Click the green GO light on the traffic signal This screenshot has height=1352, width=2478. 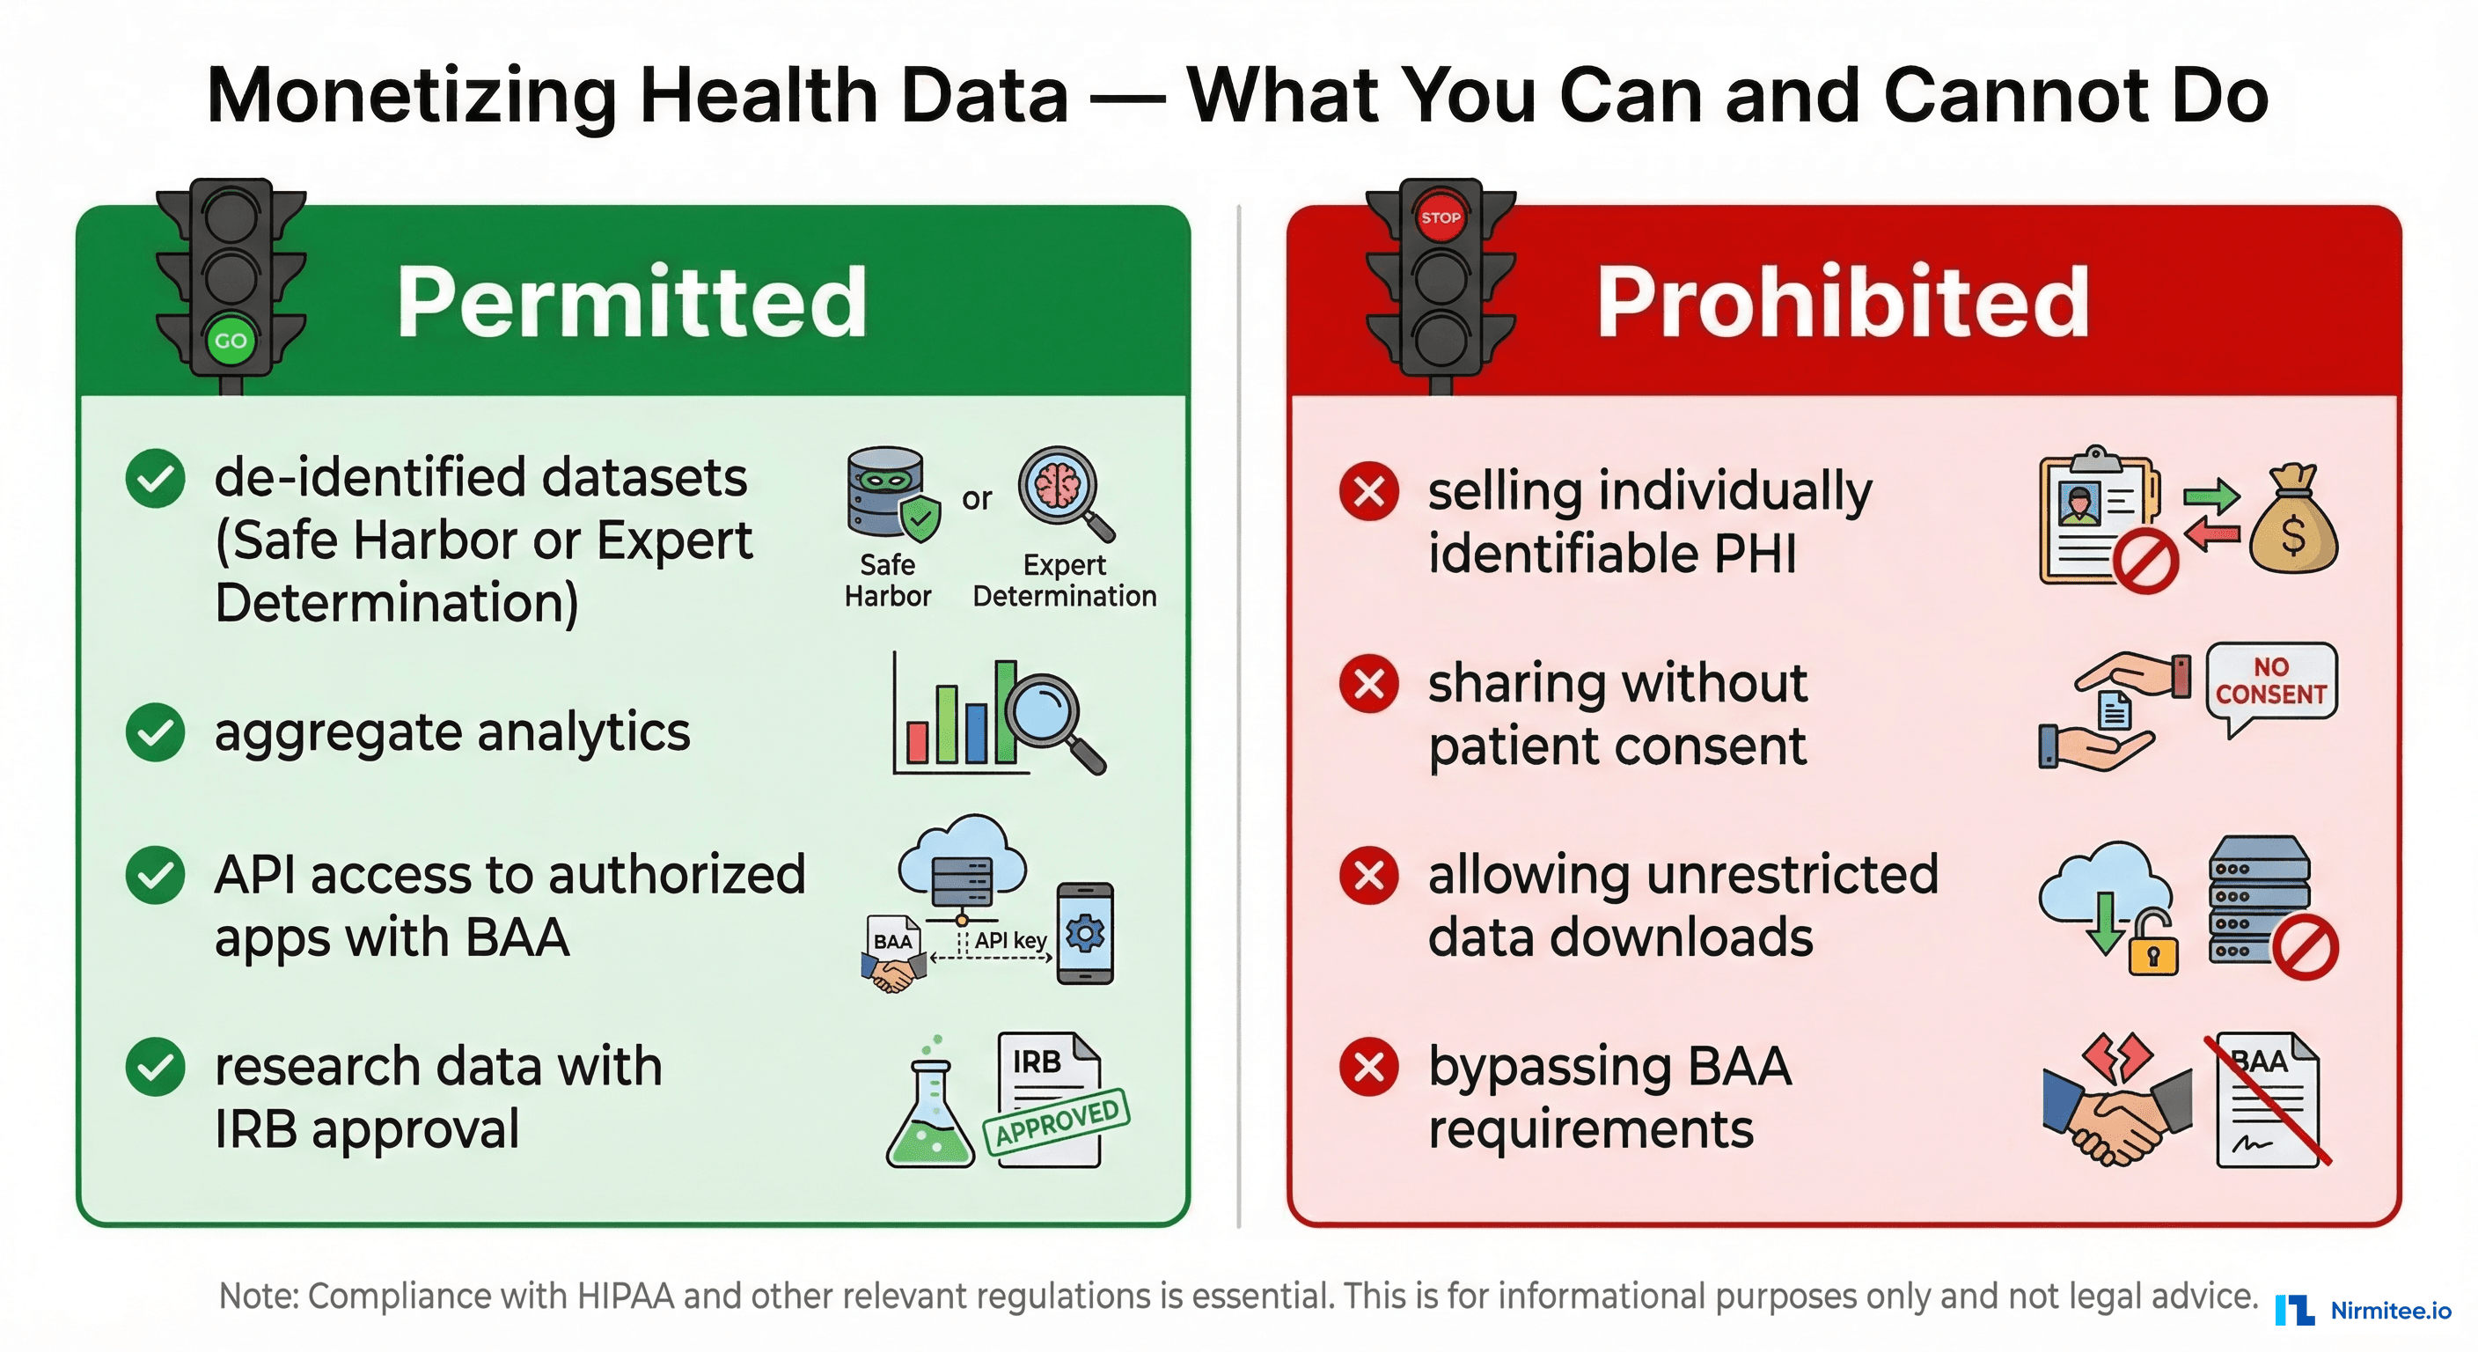(230, 341)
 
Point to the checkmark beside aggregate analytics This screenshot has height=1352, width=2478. (155, 732)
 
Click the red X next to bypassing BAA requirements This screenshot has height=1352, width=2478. (1369, 1067)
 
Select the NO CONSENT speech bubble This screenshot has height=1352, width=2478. (2270, 681)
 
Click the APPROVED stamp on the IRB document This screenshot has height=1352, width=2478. (1056, 1121)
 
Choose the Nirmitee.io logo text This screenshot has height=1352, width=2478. (2391, 1311)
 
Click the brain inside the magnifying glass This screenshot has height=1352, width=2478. (1057, 485)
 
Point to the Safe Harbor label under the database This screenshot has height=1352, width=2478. (887, 580)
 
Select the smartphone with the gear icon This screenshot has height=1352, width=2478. (1085, 932)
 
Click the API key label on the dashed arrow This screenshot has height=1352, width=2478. (1010, 940)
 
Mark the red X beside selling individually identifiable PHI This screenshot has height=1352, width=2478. (1369, 492)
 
